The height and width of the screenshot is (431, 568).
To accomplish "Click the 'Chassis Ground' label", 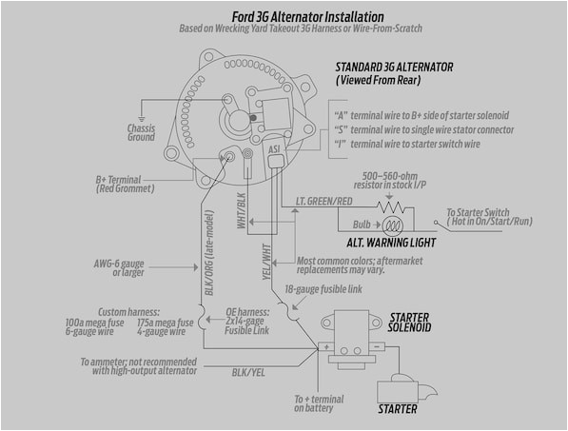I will click(x=141, y=132).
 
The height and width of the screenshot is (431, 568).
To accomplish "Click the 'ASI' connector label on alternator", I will click(x=274, y=149).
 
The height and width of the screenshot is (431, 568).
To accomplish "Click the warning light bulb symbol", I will click(x=392, y=226).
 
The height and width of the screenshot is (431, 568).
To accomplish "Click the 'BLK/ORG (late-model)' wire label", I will click(x=202, y=269).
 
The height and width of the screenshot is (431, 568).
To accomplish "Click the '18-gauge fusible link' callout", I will click(x=323, y=287).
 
